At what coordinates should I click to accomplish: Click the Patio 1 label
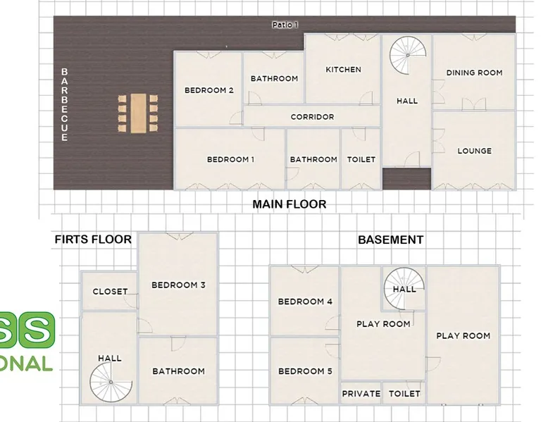285,25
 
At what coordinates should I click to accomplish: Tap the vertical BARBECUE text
65,104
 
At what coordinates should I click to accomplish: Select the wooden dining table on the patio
138,113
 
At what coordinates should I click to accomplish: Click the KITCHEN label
343,70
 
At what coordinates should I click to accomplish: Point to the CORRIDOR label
313,117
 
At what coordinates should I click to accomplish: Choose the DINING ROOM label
474,73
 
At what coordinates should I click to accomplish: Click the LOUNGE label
475,151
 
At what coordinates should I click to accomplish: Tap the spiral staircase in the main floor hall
408,55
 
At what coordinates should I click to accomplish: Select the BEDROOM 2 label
209,90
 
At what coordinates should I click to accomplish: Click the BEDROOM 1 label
230,159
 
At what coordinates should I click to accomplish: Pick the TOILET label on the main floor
361,159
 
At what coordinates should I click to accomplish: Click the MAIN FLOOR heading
289,204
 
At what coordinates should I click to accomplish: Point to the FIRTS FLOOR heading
93,240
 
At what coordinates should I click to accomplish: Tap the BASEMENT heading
391,240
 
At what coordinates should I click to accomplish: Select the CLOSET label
110,292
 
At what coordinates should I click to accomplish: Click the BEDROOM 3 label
178,285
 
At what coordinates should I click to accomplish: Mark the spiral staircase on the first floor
111,382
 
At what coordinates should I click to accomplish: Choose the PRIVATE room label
361,394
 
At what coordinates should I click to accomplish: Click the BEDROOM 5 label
305,371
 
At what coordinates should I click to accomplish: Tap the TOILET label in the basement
404,394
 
